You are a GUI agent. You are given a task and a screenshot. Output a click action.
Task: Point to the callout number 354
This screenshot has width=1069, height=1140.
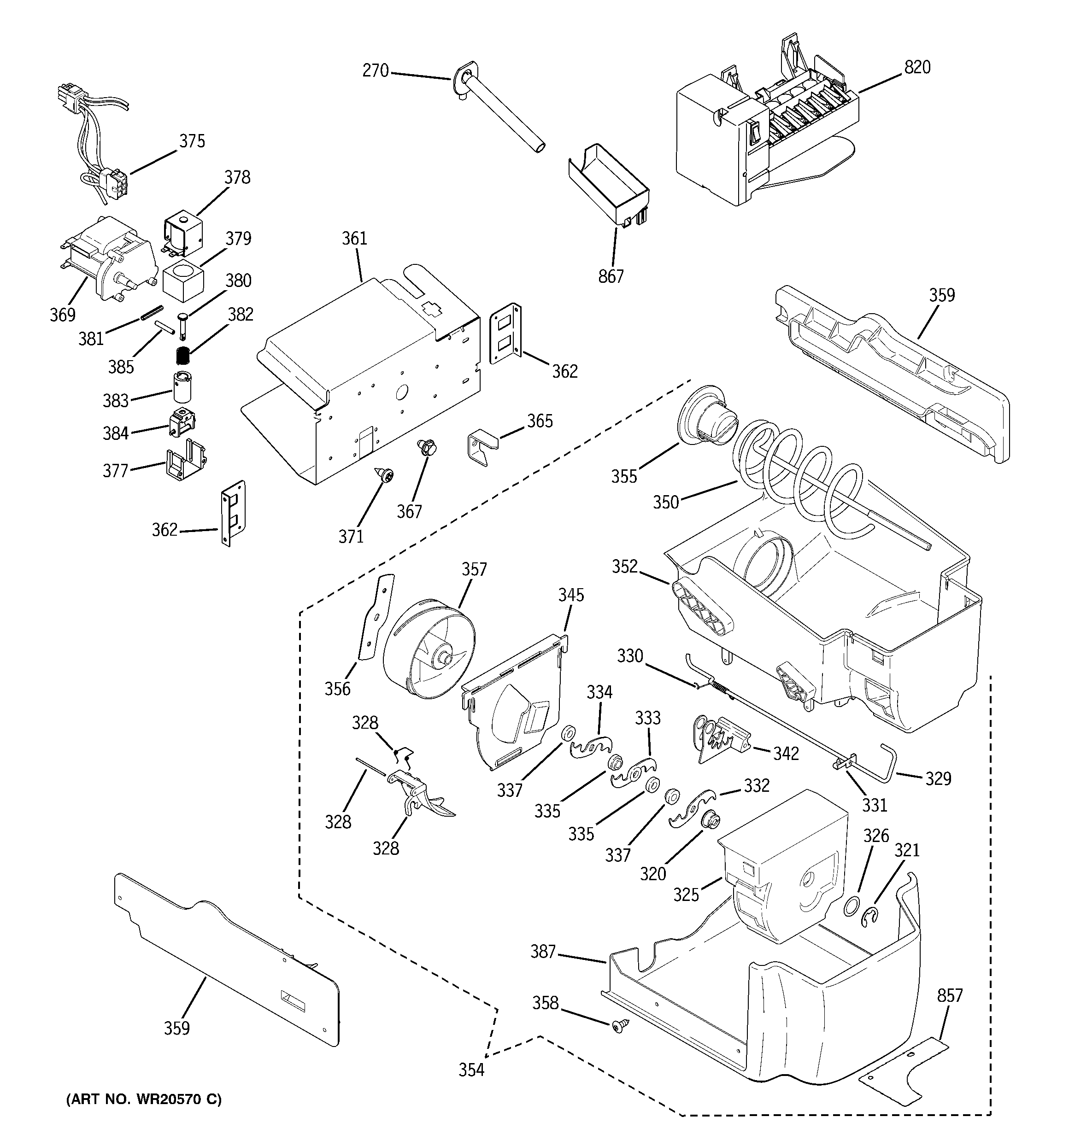(x=471, y=1070)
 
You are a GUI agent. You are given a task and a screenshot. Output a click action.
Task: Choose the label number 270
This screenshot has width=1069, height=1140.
(x=375, y=71)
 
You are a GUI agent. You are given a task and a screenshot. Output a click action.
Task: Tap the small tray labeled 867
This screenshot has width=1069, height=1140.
(x=608, y=185)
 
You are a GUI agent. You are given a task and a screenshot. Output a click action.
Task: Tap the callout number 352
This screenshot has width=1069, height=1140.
(x=624, y=567)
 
